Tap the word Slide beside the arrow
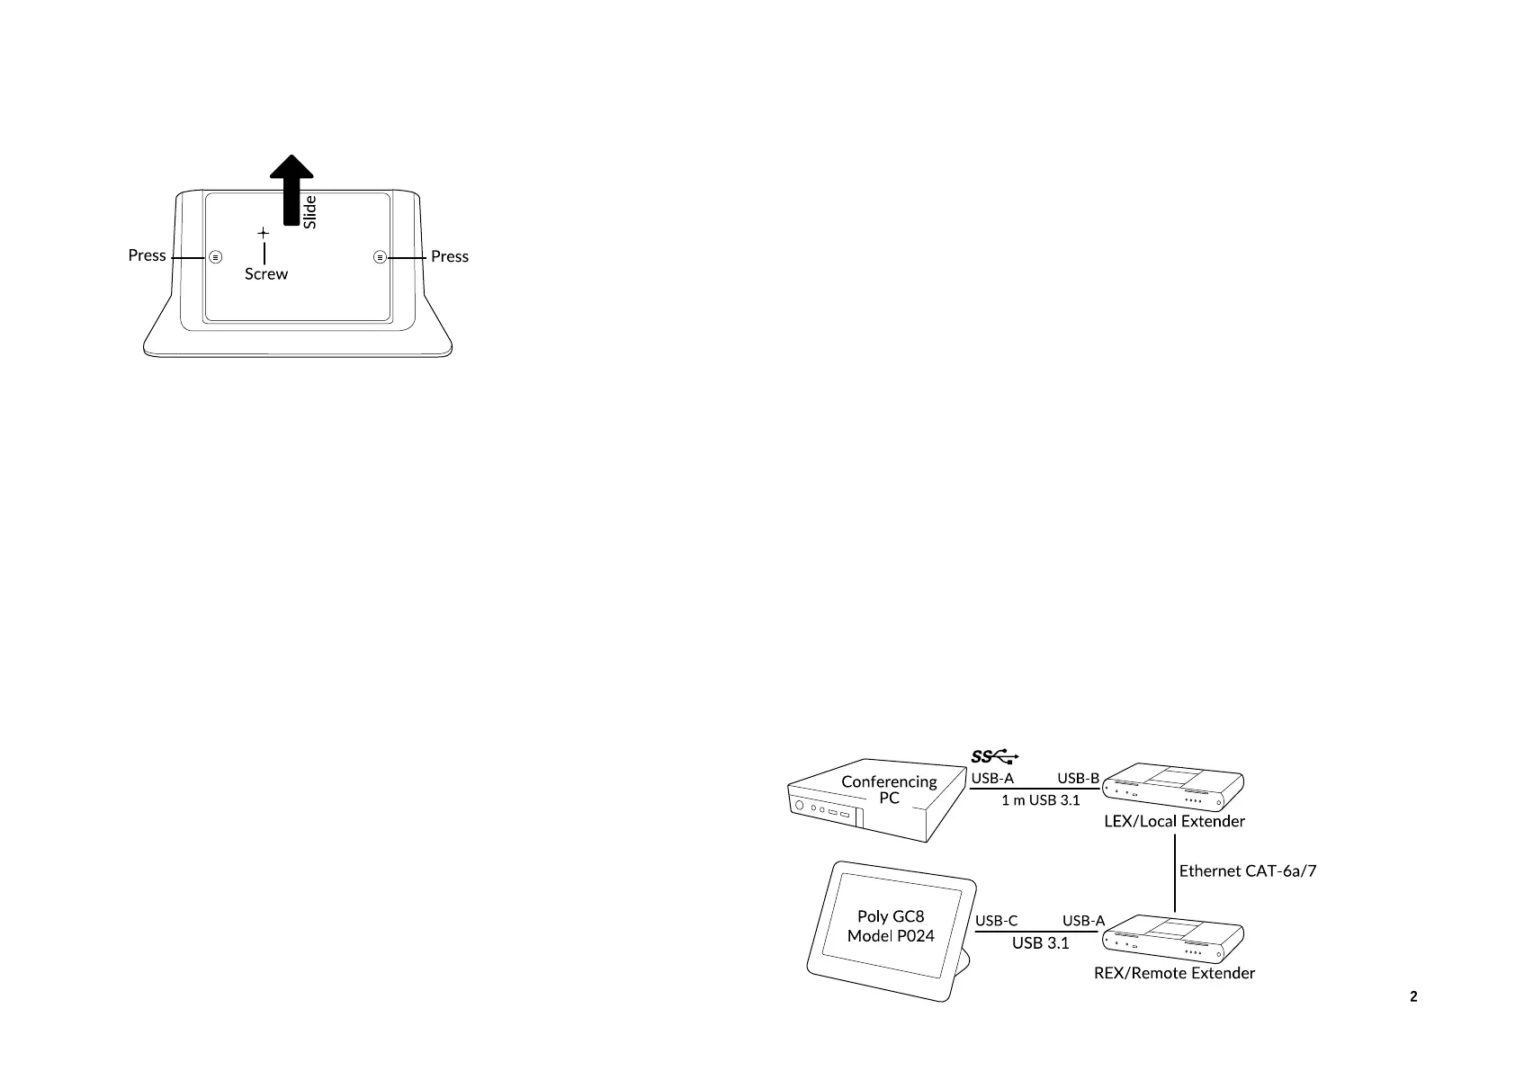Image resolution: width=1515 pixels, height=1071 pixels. point(310,211)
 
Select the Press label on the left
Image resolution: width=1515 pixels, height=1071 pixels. point(147,255)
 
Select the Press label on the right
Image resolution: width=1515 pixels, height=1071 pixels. point(450,256)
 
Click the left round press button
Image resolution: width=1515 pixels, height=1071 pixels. point(215,256)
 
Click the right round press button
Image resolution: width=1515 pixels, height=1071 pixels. point(380,256)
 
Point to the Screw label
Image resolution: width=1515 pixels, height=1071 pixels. point(266,274)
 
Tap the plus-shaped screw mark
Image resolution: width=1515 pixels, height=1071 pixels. point(263,234)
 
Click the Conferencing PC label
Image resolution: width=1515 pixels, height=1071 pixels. point(889,790)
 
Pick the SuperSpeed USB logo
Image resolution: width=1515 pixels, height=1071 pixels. point(995,757)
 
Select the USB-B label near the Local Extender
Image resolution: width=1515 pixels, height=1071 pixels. point(1078,778)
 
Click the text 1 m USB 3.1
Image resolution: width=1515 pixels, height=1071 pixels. point(1041,800)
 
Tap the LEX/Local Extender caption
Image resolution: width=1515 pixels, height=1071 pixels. point(1174,821)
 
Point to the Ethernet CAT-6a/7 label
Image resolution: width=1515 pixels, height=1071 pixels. point(1248,870)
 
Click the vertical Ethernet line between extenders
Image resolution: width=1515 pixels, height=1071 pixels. point(1175,872)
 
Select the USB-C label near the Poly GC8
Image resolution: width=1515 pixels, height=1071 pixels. point(997,921)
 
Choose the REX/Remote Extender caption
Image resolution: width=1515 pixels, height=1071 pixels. point(1174,973)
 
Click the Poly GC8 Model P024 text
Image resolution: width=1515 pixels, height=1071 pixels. point(891,926)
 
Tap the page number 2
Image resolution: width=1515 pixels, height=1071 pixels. point(1413,996)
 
